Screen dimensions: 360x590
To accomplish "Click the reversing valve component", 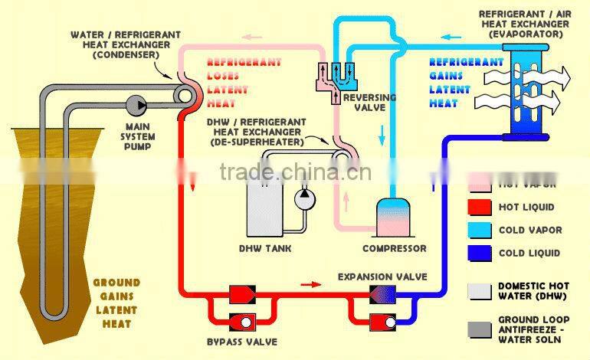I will click(x=337, y=77).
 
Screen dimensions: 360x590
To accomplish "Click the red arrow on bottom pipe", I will click(x=310, y=285).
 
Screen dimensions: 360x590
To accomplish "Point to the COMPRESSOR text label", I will click(x=394, y=249).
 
